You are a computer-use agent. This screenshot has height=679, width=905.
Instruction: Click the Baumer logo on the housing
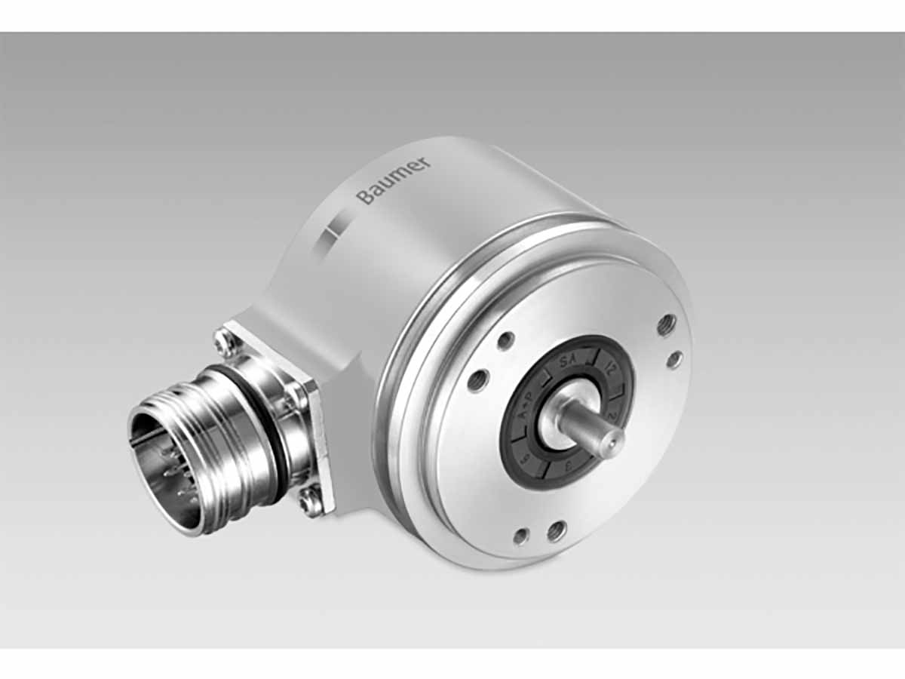393,181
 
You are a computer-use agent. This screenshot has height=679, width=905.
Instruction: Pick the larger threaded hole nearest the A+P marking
477,381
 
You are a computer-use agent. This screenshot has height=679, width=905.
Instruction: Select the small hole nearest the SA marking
505,341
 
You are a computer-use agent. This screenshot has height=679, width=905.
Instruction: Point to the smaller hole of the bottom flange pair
520,537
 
